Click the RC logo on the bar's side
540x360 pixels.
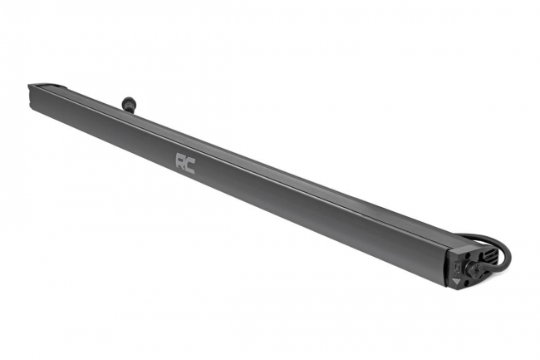click(185, 163)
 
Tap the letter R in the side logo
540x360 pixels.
click(181, 160)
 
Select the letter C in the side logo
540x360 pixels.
click(190, 165)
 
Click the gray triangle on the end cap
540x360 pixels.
click(457, 282)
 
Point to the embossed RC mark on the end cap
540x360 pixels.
click(458, 269)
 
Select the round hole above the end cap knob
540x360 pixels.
click(468, 256)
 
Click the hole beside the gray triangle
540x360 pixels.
click(468, 283)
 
